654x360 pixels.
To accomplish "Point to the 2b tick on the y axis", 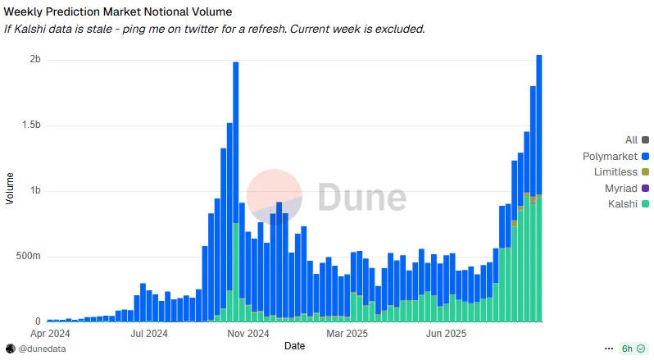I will [x=35, y=60].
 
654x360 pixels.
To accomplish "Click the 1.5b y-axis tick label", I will [x=31, y=125].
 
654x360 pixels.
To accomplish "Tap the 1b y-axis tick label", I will [x=35, y=191].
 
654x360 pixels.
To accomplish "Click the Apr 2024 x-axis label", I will [x=50, y=334].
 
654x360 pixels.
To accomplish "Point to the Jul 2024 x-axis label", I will [x=148, y=334].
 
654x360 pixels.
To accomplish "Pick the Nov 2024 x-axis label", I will [x=248, y=334].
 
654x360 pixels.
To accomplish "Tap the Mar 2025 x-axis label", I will [x=347, y=334].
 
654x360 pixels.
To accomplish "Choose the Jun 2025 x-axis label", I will [x=446, y=334].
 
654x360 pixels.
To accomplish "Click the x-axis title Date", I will [x=294, y=346].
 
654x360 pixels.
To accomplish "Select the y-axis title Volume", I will [x=10, y=189].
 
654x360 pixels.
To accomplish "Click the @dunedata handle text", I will [x=42, y=349].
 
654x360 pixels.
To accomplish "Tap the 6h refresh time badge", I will [x=632, y=349].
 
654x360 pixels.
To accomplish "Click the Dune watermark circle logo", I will [x=275, y=197].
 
